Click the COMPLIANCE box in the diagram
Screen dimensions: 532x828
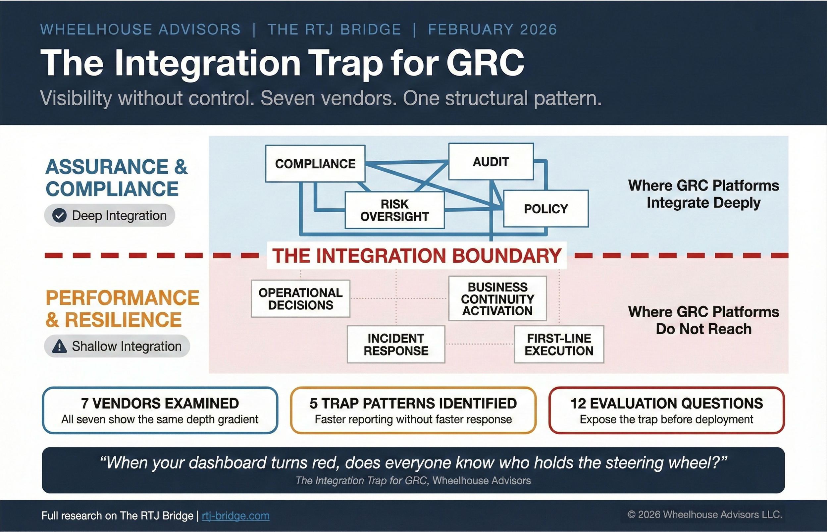point(315,163)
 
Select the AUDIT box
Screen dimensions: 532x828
point(491,162)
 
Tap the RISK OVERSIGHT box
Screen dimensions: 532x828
point(394,210)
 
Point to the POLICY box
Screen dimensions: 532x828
point(545,209)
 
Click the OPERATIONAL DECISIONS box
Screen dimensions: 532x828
point(300,299)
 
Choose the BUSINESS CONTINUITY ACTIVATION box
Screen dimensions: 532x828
point(497,299)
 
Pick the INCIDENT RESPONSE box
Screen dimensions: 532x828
point(396,345)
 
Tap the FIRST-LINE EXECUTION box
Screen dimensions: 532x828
point(559,345)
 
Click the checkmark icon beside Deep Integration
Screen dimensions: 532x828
point(59,216)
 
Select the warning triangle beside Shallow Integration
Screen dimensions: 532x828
point(59,346)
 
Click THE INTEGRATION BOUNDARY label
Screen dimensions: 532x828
point(416,256)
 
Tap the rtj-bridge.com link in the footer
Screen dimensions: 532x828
point(235,516)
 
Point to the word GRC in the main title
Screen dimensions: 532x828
point(485,63)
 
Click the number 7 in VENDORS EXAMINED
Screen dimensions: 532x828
point(84,403)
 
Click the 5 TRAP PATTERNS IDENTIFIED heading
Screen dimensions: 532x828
point(413,403)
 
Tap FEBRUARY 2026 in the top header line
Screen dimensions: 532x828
point(492,29)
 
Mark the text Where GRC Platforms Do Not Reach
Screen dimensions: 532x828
point(703,320)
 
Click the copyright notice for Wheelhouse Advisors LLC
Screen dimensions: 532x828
point(704,515)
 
